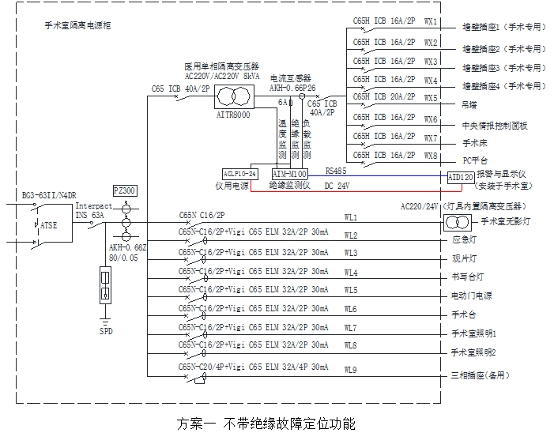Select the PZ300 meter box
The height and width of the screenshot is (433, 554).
pos(125,190)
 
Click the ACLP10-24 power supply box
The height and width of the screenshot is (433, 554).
pos(239,172)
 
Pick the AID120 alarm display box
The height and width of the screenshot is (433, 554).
pos(460,177)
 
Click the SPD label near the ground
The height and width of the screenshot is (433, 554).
pos(106,331)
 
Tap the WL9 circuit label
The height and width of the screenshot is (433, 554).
pos(351,370)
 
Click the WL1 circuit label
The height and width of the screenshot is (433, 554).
pos(351,217)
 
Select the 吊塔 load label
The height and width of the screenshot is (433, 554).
pos(469,104)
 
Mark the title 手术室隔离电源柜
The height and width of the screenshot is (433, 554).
pos(77,26)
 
